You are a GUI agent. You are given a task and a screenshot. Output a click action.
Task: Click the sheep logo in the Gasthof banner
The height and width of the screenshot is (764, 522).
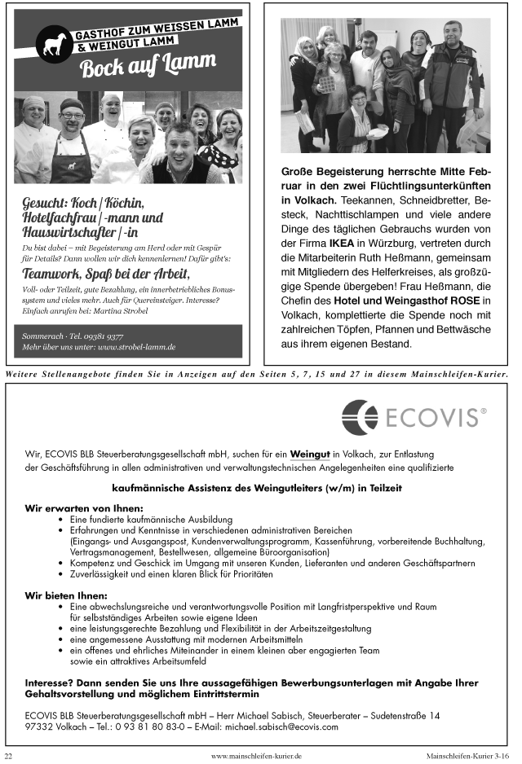pos(57,47)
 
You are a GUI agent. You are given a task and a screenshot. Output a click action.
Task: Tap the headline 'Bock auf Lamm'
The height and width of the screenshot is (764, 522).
pos(148,64)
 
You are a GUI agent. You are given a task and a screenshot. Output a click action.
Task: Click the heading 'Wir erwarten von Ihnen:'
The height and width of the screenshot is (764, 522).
pos(73,507)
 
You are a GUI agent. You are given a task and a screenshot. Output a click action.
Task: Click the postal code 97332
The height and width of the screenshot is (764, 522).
pos(39,727)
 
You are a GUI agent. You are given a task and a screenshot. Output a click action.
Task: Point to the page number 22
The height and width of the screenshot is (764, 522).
pos(9,756)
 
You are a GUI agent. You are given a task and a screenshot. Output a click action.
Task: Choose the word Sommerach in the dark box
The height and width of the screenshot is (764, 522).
pos(42,335)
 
